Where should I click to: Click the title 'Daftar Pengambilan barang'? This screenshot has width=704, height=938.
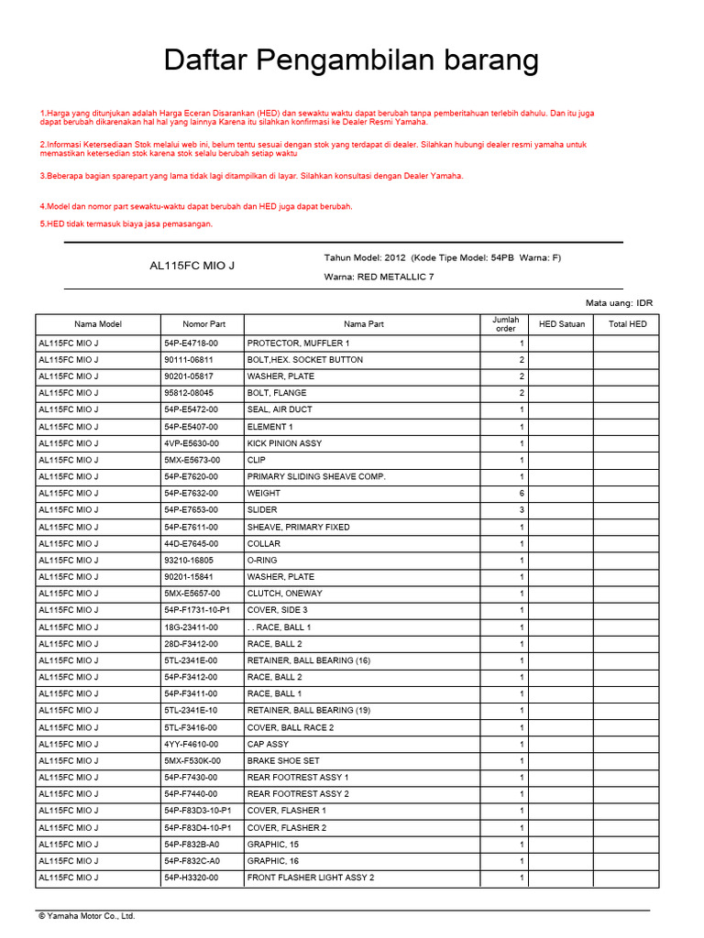pyautogui.click(x=351, y=61)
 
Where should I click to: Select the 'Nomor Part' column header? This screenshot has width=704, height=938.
pyautogui.click(x=203, y=324)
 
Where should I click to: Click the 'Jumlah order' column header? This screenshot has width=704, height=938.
pyautogui.click(x=505, y=324)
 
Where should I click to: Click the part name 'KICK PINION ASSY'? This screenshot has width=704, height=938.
pyautogui.click(x=284, y=443)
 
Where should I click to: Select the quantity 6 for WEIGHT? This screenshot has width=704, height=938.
pyautogui.click(x=522, y=494)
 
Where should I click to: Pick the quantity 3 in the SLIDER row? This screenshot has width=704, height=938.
pyautogui.click(x=522, y=510)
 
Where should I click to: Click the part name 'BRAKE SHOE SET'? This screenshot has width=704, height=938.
pyautogui.click(x=283, y=761)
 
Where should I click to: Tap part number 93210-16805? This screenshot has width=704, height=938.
pyautogui.click(x=189, y=560)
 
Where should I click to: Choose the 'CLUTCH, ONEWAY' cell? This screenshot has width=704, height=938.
pyautogui.click(x=284, y=594)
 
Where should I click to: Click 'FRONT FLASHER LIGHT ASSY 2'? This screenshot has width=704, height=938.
pyautogui.click(x=311, y=878)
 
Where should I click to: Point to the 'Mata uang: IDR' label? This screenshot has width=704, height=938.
pyautogui.click(x=619, y=303)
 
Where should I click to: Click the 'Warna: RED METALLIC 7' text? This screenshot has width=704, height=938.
pyautogui.click(x=379, y=277)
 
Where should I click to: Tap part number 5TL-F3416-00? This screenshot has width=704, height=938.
pyautogui.click(x=192, y=727)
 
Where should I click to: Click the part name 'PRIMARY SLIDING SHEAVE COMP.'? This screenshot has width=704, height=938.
pyautogui.click(x=316, y=477)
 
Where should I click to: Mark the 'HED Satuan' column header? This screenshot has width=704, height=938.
pyautogui.click(x=562, y=324)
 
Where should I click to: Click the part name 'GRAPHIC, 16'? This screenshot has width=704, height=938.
pyautogui.click(x=273, y=861)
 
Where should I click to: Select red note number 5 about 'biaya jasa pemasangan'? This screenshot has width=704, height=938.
pyautogui.click(x=126, y=224)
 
